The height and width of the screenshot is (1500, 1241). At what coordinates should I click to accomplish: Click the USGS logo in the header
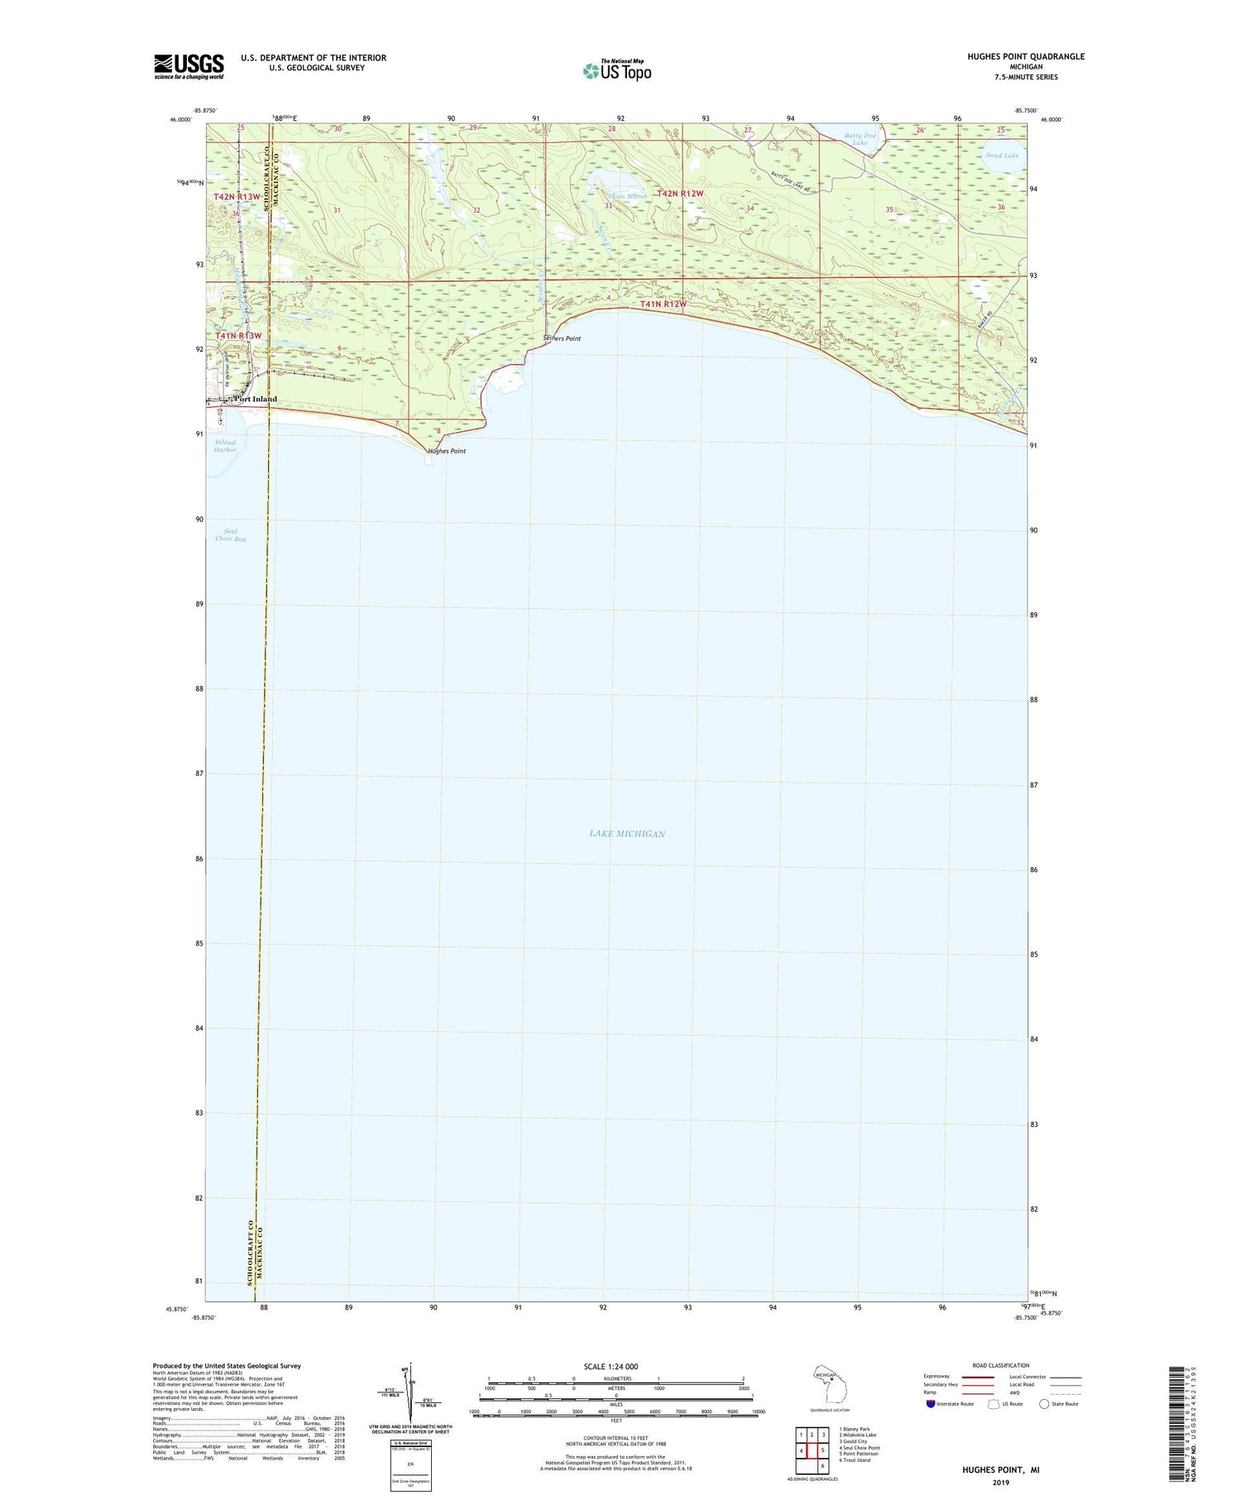pos(189,66)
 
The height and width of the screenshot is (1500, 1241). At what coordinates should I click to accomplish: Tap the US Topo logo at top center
pos(617,70)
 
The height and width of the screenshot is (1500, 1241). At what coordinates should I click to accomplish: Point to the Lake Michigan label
pos(627,833)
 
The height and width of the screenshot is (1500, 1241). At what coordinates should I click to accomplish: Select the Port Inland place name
pos(256,399)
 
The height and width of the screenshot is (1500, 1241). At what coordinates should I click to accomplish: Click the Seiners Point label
pos(562,338)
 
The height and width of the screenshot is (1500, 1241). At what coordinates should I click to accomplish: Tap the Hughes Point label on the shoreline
pos(447,451)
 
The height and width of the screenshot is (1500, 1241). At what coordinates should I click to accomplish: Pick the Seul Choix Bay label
pos(230,535)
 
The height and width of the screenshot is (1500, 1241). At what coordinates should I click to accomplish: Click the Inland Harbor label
pos(225,446)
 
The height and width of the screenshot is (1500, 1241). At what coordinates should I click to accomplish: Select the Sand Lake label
pos(1002,156)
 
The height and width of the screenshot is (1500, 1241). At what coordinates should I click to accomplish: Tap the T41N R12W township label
pos(664,304)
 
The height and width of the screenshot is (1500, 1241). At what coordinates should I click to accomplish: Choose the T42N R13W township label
pos(237,197)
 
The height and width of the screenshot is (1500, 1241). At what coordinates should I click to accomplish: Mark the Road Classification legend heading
pos(1001,1365)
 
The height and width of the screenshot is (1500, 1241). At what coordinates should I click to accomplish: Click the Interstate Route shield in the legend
pos(931,1404)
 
